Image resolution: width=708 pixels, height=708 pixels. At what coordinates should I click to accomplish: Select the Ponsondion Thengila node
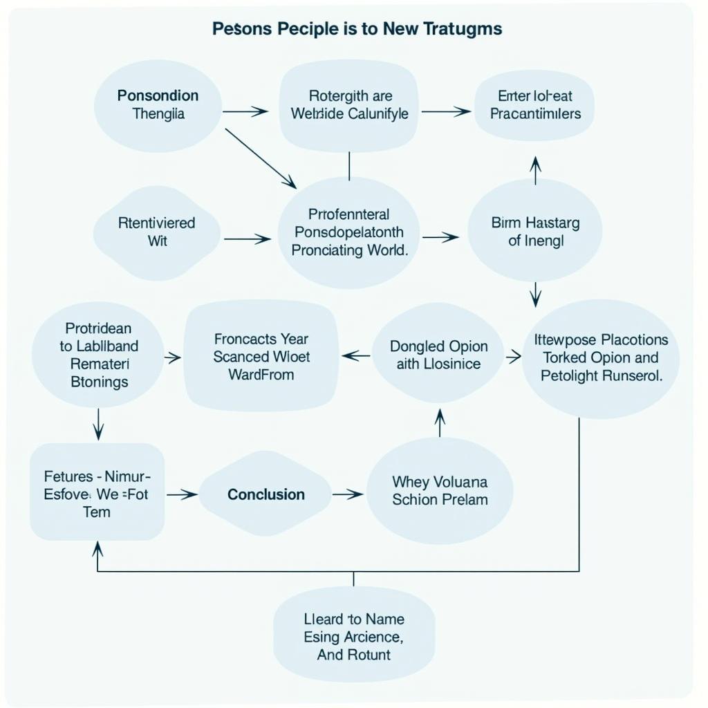(x=158, y=105)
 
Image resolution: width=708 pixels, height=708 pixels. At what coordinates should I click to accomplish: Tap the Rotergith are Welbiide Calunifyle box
(x=349, y=104)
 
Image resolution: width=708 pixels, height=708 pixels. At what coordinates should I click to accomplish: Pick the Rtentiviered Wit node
(x=157, y=232)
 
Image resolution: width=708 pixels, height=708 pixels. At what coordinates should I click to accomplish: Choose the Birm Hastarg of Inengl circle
(x=535, y=232)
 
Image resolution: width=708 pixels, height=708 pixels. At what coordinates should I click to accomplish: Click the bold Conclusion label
(x=266, y=494)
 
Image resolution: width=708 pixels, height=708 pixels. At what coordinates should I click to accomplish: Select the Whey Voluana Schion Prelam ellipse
(x=440, y=490)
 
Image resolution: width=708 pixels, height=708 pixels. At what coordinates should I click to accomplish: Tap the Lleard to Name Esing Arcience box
(x=354, y=637)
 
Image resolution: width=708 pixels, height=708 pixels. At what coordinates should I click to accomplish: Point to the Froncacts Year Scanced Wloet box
(x=261, y=357)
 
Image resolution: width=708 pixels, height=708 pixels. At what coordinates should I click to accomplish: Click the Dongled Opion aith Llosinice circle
(x=438, y=355)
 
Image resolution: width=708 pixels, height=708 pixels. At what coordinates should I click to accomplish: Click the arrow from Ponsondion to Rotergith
(x=245, y=111)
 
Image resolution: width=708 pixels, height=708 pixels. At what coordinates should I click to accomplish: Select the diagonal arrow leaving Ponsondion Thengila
(x=261, y=158)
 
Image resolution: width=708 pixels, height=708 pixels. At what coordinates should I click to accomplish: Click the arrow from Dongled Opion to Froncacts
(x=356, y=356)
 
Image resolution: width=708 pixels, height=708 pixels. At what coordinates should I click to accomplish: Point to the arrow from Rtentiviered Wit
(x=247, y=239)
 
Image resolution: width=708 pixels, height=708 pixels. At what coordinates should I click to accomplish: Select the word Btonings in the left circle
(x=100, y=381)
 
